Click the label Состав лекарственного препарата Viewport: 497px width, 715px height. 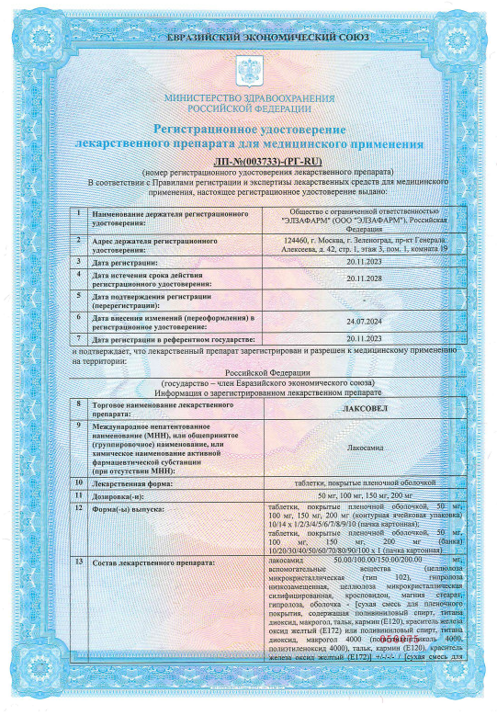pos(152,561)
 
